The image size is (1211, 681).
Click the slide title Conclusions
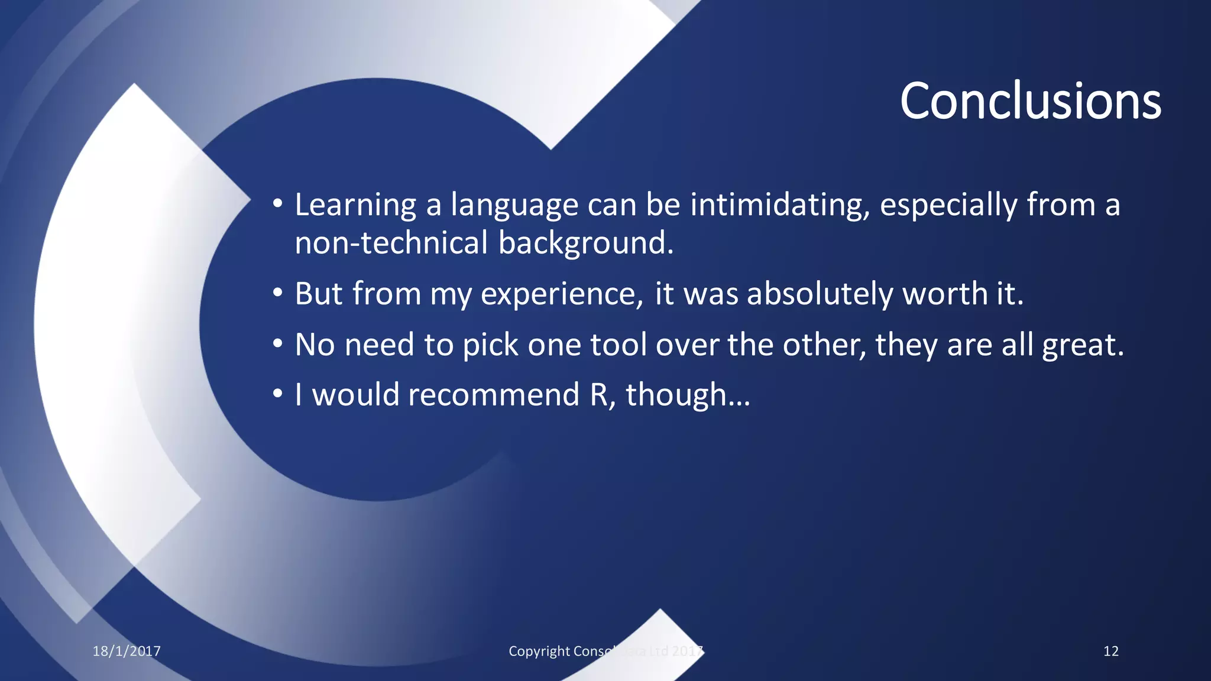tap(1030, 101)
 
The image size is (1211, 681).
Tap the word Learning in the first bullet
tap(355, 205)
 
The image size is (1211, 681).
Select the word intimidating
tap(780, 205)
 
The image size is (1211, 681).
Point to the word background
tap(585, 243)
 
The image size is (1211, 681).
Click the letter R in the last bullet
tap(599, 395)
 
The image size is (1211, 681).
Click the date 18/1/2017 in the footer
tap(127, 651)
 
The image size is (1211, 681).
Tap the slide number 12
tap(1110, 651)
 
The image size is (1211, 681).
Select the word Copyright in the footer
tap(539, 651)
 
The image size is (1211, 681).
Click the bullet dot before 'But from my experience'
tap(278, 293)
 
